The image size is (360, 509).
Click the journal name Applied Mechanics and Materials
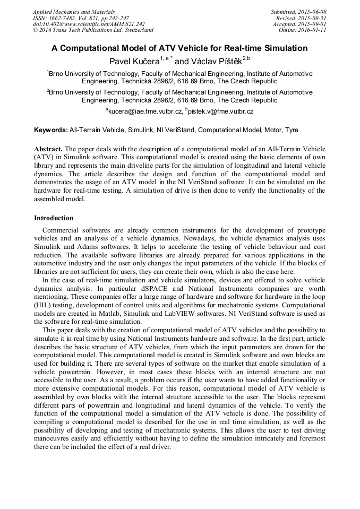pos(74,12)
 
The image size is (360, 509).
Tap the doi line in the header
pos(89,24)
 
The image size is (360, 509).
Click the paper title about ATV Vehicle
pos(179,48)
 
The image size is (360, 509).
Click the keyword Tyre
pos(292,130)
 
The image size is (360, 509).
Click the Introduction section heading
pos(54,218)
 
